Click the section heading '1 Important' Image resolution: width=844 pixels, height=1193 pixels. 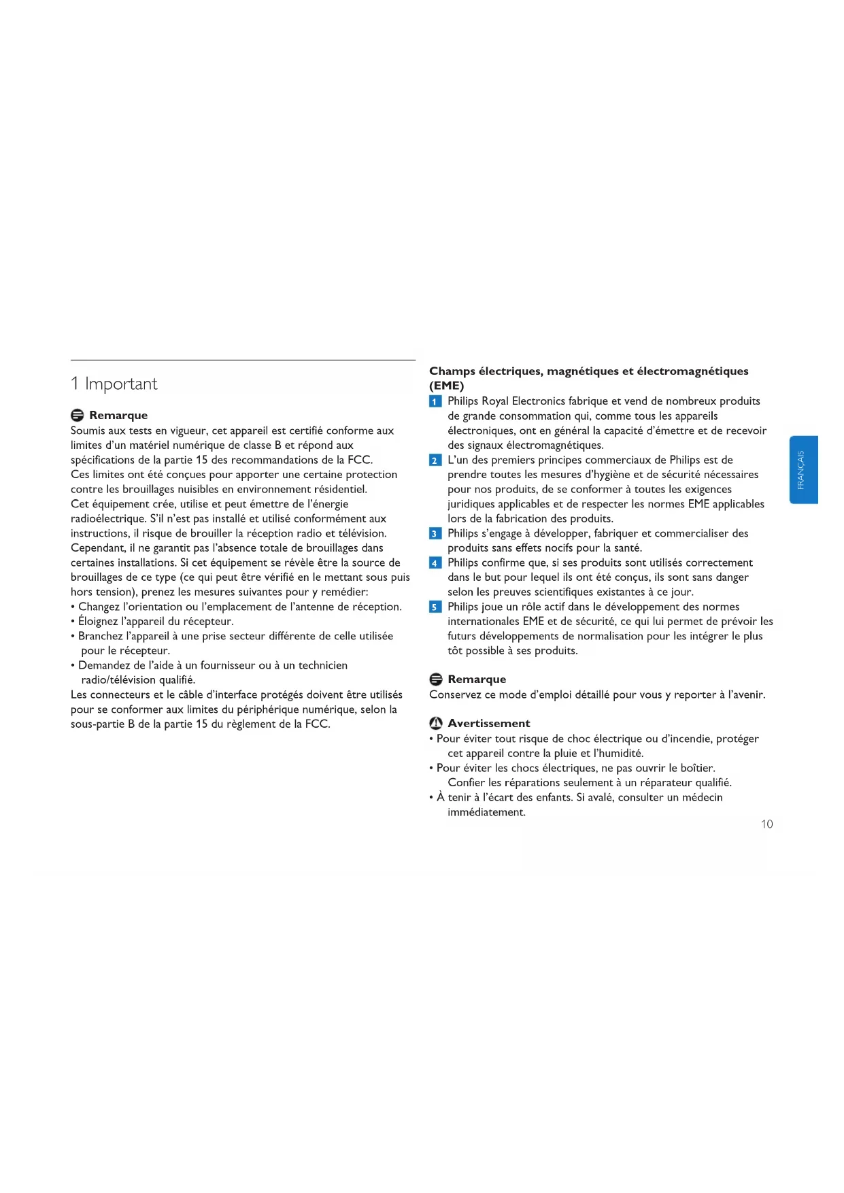coord(114,384)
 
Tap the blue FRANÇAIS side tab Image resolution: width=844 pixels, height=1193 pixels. coord(803,469)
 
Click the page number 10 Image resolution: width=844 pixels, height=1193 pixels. coord(766,824)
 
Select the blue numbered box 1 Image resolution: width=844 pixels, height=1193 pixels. coord(435,401)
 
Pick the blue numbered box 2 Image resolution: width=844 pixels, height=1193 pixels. coord(435,460)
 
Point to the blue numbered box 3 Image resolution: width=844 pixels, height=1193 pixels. coord(435,534)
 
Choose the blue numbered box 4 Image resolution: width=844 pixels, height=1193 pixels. coord(435,563)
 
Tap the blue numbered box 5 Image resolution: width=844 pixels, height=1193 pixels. coord(435,607)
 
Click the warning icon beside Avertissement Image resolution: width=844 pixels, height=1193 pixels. coord(436,724)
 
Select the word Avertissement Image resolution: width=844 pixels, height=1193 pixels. coord(488,724)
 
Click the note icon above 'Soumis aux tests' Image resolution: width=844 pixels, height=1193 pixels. coord(77,416)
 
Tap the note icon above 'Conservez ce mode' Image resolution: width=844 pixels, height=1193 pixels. coord(436,679)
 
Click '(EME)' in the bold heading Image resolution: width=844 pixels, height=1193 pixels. coord(446,386)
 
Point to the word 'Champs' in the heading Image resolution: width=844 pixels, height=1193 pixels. coord(452,371)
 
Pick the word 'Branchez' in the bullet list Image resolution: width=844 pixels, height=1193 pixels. coord(100,637)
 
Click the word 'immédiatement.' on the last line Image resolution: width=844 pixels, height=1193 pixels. coord(486,813)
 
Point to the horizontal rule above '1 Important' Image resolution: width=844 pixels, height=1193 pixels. coord(243,360)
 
